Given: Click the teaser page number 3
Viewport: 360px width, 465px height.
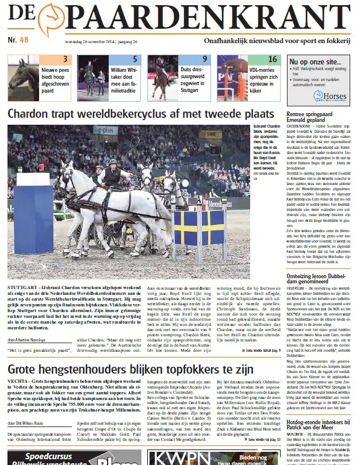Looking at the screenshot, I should tap(64, 59).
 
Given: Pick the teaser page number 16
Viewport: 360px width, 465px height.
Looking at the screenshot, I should tap(272, 59).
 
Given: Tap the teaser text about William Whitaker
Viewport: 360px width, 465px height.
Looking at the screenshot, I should tap(125, 80).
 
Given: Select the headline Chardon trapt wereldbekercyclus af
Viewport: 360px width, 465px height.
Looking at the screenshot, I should tap(140, 113).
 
